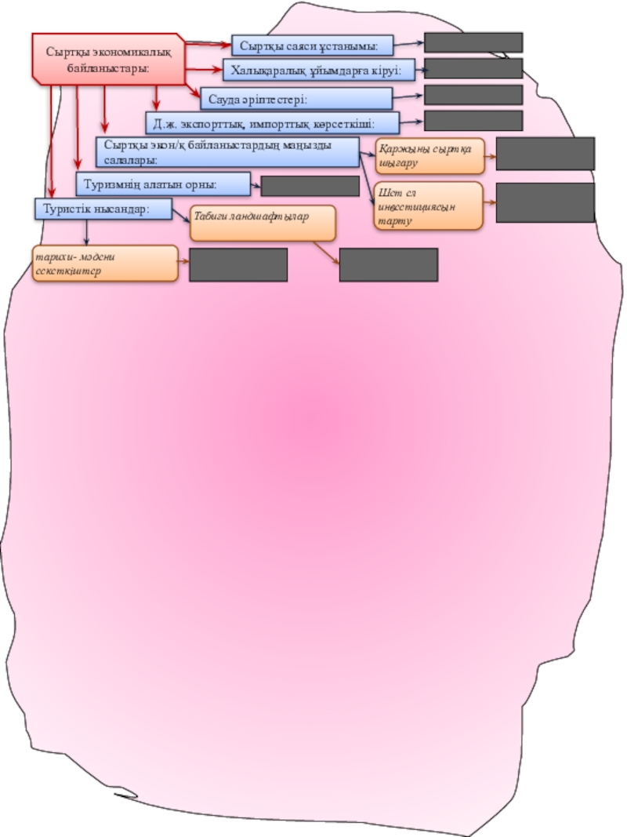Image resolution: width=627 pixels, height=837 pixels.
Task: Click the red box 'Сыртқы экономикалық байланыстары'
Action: (108, 58)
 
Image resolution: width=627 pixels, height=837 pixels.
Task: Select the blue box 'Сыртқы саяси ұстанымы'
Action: (312, 45)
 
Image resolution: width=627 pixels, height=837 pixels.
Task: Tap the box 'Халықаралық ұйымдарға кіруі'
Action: (320, 71)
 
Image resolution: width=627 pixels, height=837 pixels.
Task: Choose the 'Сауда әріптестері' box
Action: (296, 99)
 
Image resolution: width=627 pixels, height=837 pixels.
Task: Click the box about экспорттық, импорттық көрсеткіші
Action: (272, 123)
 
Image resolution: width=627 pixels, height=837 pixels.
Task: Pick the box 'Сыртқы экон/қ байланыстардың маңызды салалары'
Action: (227, 151)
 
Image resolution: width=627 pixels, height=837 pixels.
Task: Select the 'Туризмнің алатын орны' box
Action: (163, 184)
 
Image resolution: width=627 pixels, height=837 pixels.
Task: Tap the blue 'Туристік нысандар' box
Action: (103, 209)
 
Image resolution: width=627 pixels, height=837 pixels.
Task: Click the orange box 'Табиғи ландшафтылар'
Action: (263, 223)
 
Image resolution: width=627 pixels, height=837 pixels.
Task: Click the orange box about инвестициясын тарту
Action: (427, 206)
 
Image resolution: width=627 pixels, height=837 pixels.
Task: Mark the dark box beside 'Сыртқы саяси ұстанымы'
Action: (473, 42)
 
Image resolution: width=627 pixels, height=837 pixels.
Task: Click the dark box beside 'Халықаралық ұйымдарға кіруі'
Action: (473, 68)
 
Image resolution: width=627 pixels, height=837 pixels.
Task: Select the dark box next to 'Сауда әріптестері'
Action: (473, 95)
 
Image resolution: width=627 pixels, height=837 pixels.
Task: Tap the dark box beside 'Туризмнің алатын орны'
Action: (310, 186)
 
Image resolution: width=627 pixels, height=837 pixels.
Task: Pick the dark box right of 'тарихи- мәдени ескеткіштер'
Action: (238, 264)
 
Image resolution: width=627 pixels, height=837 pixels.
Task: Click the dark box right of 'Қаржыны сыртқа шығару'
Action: (545, 154)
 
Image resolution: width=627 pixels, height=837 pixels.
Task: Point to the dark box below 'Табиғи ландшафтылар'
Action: (388, 264)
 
